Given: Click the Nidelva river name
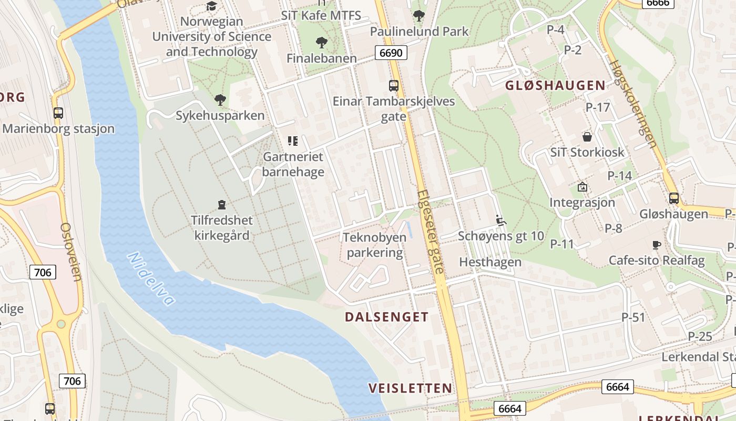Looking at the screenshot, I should [151, 278].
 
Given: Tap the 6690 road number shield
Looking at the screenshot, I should [390, 53].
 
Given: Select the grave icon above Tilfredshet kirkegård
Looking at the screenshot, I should [221, 205].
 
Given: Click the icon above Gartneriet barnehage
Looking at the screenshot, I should [292, 141].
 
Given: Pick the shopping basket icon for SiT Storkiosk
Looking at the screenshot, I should [587, 137].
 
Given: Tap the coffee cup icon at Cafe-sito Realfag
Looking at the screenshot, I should [656, 245].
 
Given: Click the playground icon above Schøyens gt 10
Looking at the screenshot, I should [500, 220].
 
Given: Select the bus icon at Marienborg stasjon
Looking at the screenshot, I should [58, 113].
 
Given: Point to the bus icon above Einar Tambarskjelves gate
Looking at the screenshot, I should [393, 85].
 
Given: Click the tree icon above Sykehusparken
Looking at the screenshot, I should [220, 99].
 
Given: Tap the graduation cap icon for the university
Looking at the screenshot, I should [211, 6].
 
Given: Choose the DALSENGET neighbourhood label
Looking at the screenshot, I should [386, 317].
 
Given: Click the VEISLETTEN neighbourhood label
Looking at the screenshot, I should [410, 388].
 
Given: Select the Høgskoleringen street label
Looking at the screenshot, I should [633, 103].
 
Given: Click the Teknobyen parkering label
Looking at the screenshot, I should [375, 245].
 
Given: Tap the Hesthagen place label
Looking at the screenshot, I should [490, 262].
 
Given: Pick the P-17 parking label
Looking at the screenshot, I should [598, 107].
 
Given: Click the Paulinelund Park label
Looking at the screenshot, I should [419, 32].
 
